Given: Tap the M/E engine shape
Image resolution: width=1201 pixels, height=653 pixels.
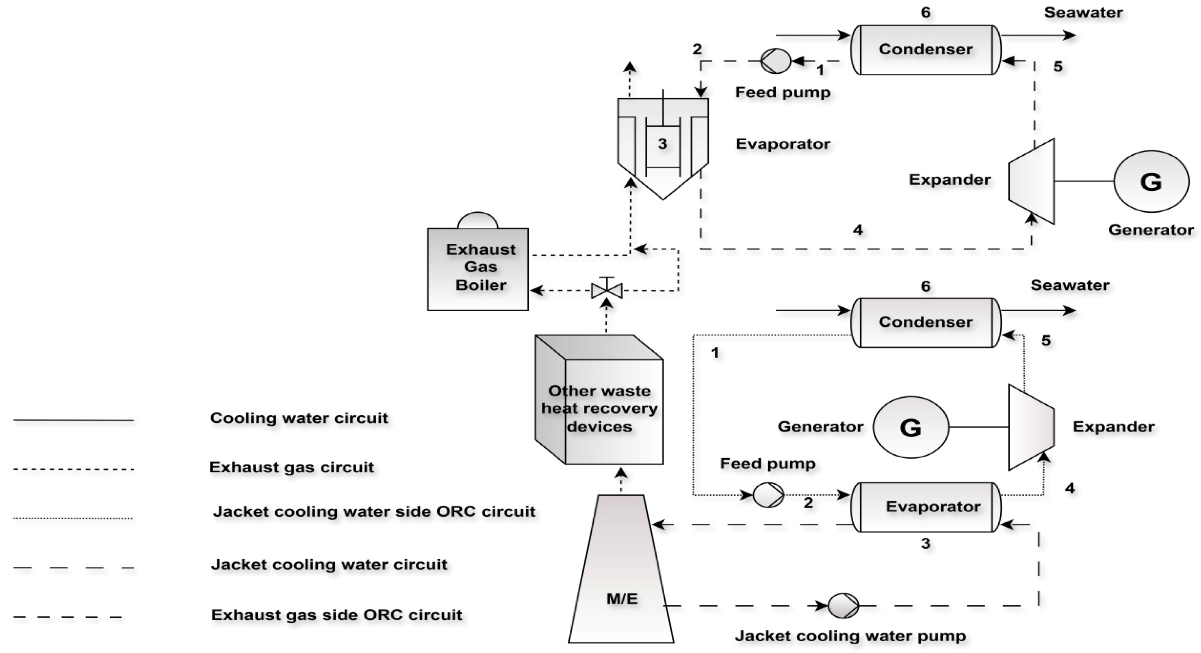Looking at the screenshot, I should pos(621,579).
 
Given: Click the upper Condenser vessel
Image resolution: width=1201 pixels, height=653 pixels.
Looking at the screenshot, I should pos(925,49).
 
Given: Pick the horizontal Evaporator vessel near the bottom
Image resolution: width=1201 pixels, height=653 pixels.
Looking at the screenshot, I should pos(925,507).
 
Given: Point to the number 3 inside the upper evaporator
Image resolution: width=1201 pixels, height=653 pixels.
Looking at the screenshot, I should pos(662,144).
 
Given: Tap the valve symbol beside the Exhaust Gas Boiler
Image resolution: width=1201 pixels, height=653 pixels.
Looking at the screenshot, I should pos(606,290).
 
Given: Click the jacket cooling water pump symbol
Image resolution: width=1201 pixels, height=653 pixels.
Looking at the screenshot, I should pos(843,606).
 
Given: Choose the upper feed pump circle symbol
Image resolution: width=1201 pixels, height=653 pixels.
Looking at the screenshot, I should pos(775,61).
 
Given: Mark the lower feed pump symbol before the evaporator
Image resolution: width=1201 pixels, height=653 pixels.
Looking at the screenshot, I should pos(768,495).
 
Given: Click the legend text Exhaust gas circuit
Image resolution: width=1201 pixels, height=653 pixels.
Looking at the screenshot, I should pos(292,467).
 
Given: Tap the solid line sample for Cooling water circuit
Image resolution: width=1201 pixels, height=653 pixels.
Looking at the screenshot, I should pos(74,420).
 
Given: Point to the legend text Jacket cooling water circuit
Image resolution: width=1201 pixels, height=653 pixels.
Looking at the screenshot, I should pos(329,565).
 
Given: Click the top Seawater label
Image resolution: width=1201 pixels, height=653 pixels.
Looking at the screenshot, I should pos(1083,13).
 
